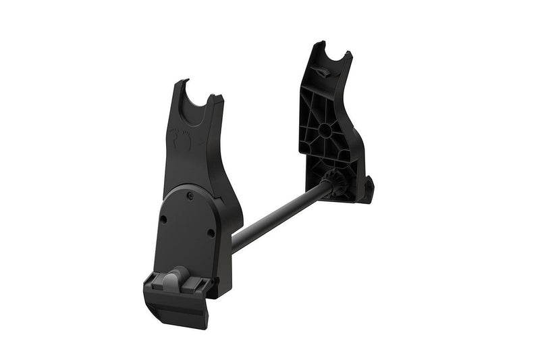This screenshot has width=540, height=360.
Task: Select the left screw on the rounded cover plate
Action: pos(163,220)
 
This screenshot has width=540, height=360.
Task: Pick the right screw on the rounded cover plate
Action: pos(211,233)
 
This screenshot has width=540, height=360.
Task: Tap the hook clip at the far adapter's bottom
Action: pos(369,190)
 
